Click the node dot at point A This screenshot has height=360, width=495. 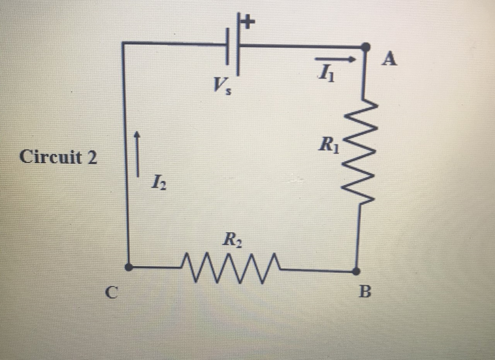point(365,47)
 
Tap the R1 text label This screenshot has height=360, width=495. point(329,146)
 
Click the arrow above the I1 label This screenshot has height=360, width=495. point(334,59)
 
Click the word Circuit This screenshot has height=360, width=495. point(50,157)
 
